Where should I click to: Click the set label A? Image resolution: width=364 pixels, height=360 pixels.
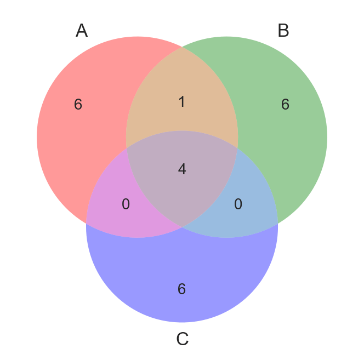click(82, 31)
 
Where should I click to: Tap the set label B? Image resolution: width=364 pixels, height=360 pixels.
click(283, 31)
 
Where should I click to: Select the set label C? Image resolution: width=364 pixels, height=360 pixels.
click(183, 340)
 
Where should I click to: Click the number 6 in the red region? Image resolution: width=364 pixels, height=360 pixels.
click(78, 105)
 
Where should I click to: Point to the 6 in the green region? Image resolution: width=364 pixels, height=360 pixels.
click(285, 105)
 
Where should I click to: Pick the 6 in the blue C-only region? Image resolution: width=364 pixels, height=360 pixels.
click(182, 289)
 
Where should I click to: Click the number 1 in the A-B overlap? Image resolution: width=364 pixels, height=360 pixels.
click(182, 102)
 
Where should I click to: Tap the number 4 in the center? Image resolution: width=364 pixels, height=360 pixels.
click(182, 169)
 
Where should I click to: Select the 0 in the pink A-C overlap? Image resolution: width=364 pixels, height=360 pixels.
click(126, 204)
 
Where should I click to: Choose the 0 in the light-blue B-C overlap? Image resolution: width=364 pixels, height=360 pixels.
click(238, 204)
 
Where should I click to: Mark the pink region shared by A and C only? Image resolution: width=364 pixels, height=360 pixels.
click(112, 211)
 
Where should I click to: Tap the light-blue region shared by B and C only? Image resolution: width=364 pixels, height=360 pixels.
click(252, 211)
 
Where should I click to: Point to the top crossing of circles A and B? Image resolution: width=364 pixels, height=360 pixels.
click(182, 47)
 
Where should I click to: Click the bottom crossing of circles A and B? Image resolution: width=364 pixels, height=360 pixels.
click(182, 227)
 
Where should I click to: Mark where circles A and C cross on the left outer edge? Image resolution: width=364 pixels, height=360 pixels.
click(87, 224)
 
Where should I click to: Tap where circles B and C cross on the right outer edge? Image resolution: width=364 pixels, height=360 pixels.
click(277, 224)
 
